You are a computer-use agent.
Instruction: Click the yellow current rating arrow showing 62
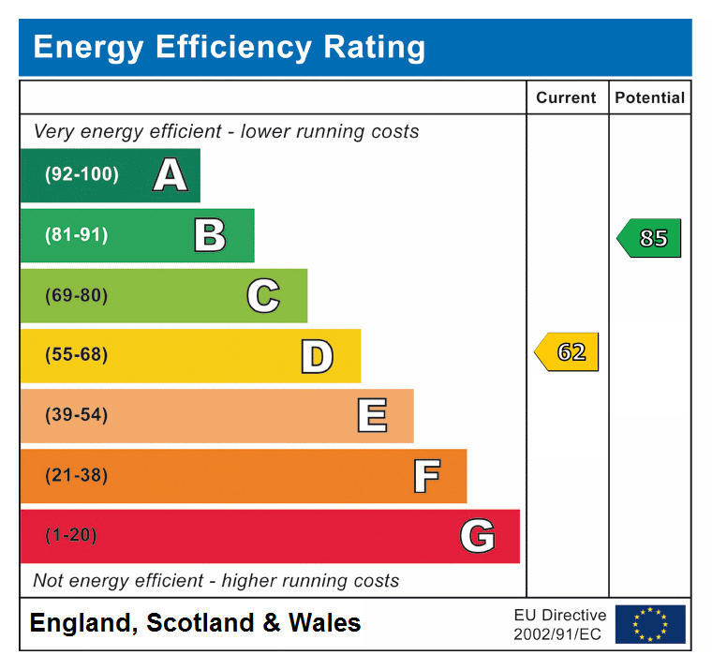coord(568,352)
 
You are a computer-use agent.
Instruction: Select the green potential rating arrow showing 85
coord(650,238)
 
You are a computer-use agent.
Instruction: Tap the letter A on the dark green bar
coord(170,175)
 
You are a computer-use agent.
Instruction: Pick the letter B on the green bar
coord(210,235)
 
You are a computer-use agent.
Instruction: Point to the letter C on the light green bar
coord(263,296)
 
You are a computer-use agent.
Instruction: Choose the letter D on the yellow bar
coord(317,356)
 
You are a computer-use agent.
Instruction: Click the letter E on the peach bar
coord(371,416)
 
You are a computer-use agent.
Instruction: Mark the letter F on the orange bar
coord(426,476)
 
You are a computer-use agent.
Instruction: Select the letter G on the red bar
coord(477,536)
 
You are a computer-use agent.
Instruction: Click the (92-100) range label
coord(82,174)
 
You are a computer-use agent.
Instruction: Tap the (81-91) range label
coord(77,235)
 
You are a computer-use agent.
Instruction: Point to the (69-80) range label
coord(77,295)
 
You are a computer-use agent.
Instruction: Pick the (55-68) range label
coord(77,355)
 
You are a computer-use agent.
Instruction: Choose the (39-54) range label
coord(77,415)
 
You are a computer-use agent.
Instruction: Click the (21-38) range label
coord(77,475)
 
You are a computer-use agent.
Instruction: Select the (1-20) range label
coord(71,535)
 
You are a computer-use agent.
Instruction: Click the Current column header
coord(566,97)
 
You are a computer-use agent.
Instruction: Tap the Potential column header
coord(649,97)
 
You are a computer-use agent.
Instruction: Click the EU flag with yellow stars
coord(649,624)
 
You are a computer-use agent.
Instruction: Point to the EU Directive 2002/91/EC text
coord(559,624)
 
